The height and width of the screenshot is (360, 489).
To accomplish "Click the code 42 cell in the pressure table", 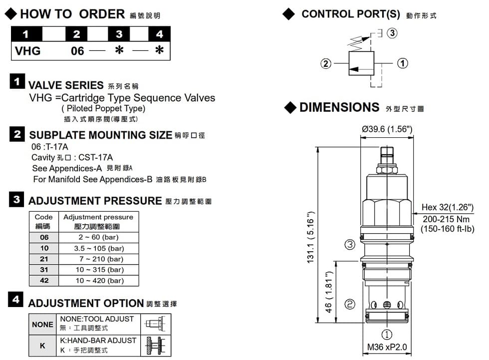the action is pos(44,281).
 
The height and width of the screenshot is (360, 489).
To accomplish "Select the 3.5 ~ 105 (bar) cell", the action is pos(99,248).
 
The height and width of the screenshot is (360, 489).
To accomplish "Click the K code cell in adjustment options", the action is pos(42,346).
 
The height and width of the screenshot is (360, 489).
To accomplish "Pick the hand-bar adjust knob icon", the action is pos(156,346).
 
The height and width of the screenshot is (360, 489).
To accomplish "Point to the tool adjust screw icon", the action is pos(155,324).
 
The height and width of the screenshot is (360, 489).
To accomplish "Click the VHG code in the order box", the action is pos(28,51).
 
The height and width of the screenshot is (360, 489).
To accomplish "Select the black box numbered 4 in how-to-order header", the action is pos(159,34).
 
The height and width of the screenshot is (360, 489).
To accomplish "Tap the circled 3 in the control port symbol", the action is pos(392,33).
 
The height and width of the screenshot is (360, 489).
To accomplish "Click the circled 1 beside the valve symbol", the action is pos(402,63).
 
